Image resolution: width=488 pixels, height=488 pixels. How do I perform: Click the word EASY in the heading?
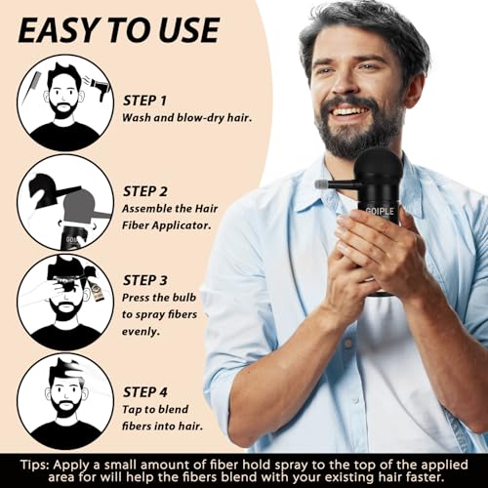click(x=66, y=29)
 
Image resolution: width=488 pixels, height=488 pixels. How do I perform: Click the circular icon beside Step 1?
click(x=65, y=102)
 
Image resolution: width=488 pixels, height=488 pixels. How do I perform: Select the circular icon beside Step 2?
click(x=65, y=201)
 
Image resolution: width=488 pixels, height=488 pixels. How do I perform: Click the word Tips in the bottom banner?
click(x=35, y=462)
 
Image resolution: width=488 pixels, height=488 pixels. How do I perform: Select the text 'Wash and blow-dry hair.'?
click(x=185, y=117)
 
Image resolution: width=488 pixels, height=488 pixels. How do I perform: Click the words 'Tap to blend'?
click(x=164, y=402)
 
